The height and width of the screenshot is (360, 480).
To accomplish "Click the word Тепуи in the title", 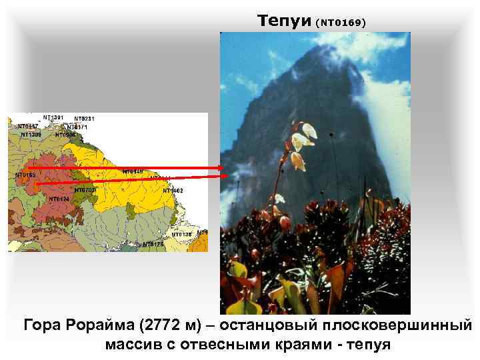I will [283, 21].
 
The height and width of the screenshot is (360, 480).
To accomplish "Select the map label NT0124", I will [59, 199].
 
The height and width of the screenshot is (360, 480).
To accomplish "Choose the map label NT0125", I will [153, 244].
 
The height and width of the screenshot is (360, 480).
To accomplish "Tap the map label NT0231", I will [85, 119].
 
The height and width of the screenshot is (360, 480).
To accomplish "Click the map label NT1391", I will [53, 117].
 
